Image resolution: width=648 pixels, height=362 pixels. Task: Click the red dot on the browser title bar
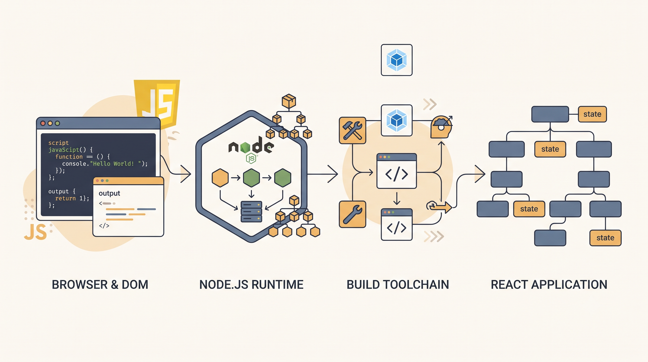(43, 123)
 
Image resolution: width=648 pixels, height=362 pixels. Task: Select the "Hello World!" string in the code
(113, 164)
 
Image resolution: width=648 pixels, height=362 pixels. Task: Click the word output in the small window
(109, 193)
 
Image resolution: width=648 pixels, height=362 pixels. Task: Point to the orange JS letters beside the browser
(36, 232)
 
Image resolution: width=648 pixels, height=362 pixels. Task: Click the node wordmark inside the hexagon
(251, 145)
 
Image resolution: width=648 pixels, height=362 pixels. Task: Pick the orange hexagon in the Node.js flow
(220, 178)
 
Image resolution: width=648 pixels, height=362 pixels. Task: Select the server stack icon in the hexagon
(251, 211)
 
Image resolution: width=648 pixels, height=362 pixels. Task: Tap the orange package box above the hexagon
(289, 101)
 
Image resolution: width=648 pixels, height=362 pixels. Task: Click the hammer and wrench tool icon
(352, 130)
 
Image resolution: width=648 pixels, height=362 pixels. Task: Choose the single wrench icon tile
(352, 214)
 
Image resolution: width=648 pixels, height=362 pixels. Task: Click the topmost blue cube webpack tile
(397, 60)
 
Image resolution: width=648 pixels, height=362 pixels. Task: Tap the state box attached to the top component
(592, 114)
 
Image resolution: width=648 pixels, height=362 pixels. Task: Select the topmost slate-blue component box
(550, 114)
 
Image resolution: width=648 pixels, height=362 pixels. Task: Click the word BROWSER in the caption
(80, 285)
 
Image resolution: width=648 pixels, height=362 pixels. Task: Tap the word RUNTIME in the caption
(278, 285)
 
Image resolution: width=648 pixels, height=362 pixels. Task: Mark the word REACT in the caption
(509, 285)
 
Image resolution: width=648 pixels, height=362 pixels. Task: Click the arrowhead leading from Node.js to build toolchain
(333, 174)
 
